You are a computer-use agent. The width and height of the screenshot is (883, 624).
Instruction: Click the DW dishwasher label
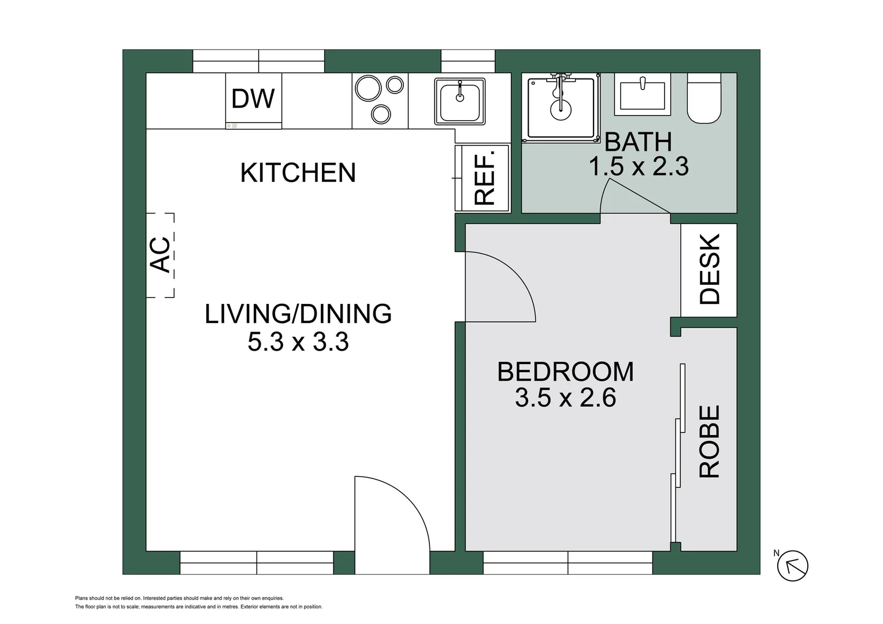[253, 99]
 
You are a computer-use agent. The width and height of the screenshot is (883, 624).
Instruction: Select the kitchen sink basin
[460, 102]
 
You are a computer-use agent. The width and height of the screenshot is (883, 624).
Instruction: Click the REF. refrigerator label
[484, 178]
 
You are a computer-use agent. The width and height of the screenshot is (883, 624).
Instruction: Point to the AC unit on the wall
[160, 255]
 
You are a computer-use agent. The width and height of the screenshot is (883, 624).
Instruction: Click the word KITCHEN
[298, 173]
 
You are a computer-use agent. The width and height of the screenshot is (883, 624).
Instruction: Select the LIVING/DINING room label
[298, 314]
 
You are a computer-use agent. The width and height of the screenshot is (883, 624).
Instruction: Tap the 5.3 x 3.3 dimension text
[298, 342]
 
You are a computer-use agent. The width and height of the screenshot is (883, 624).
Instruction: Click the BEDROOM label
[565, 372]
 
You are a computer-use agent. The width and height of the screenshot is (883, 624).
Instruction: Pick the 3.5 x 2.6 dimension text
[565, 398]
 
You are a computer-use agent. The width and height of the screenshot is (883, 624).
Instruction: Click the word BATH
[638, 142]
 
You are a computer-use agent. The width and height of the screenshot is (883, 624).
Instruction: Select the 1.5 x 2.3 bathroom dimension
[638, 167]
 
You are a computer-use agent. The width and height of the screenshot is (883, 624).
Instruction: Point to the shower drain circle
[560, 109]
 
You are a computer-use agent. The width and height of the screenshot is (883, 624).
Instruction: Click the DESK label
[709, 269]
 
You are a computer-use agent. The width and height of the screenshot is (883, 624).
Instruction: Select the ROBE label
[709, 441]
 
